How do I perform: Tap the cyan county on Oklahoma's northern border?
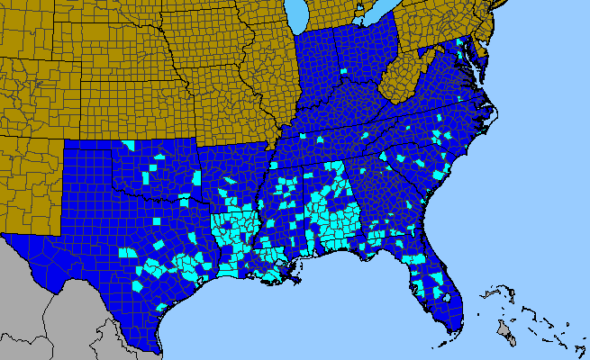coord(128,145)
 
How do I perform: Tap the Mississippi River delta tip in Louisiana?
coord(296,281)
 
